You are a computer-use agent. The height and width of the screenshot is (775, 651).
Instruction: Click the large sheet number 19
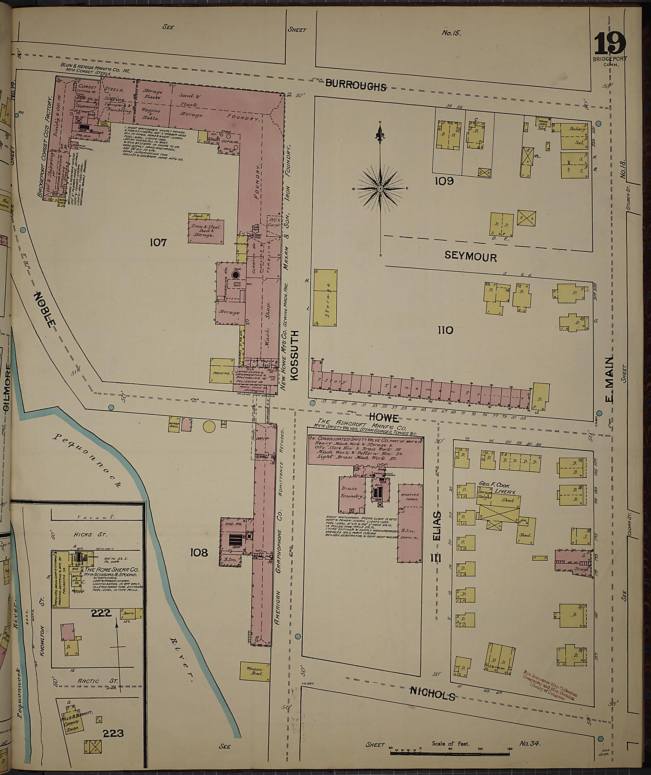(610, 44)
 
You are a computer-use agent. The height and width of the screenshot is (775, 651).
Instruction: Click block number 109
(444, 181)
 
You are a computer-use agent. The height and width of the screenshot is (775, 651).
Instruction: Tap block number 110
(445, 330)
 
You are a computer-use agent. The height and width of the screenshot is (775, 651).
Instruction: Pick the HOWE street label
(384, 418)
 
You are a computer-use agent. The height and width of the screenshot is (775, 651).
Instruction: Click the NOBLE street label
(45, 309)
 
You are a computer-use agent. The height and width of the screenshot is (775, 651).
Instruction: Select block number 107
(158, 242)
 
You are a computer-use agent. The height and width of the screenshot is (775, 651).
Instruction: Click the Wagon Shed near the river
(254, 671)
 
